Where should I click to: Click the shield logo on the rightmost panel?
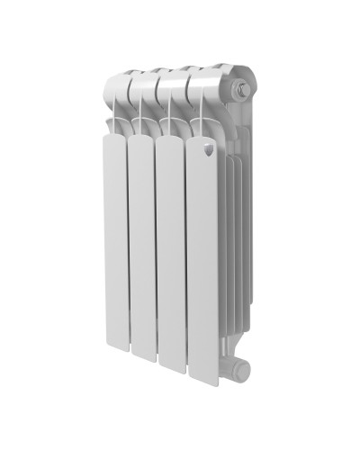[x=207, y=152]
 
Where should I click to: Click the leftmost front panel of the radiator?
[x=114, y=234]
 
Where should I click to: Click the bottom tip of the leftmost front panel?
[x=114, y=346]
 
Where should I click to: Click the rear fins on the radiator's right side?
[x=232, y=234]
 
